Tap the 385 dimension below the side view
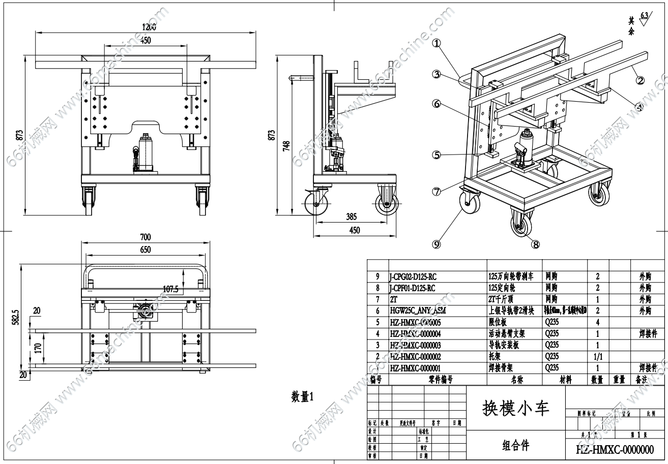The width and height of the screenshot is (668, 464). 351,216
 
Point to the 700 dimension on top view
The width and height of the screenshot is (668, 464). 146,237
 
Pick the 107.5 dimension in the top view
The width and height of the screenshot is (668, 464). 170,289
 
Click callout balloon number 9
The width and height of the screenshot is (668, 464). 436,244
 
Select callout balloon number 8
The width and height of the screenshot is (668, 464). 535,244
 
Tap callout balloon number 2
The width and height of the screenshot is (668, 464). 641,80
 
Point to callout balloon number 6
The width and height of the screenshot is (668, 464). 436,104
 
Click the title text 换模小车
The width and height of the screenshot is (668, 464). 515,408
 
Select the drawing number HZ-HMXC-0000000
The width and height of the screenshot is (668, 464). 615,449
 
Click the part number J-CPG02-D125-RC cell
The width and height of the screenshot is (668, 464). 413,277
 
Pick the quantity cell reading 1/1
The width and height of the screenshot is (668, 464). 598,356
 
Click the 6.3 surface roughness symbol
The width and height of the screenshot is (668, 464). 645,19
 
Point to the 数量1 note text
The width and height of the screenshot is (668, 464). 302,397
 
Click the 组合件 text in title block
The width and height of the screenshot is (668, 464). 515,445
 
